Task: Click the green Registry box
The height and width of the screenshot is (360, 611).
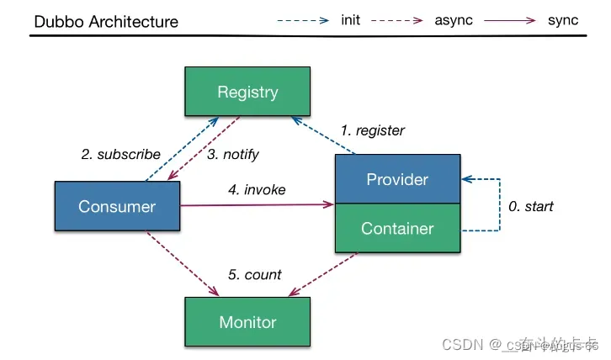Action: click(x=247, y=92)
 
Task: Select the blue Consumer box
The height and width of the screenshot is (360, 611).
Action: click(x=117, y=206)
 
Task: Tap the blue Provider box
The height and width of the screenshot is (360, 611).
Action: click(x=397, y=179)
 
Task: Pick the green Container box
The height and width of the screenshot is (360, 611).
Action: click(x=397, y=228)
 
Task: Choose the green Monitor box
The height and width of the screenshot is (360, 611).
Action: click(x=247, y=321)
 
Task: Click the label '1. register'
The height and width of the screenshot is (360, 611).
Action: click(x=373, y=130)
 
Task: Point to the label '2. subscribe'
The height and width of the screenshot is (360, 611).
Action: click(x=120, y=154)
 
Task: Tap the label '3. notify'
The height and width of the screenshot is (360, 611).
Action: click(x=233, y=154)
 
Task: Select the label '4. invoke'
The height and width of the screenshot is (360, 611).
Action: click(x=257, y=189)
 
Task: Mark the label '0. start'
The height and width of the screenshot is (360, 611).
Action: click(x=530, y=205)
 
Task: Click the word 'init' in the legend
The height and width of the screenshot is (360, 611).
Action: click(x=352, y=19)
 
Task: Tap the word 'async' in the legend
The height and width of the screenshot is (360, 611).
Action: click(x=454, y=19)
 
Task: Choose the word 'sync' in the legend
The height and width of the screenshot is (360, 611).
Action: click(x=563, y=19)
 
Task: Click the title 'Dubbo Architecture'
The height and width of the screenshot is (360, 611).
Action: click(x=106, y=21)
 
